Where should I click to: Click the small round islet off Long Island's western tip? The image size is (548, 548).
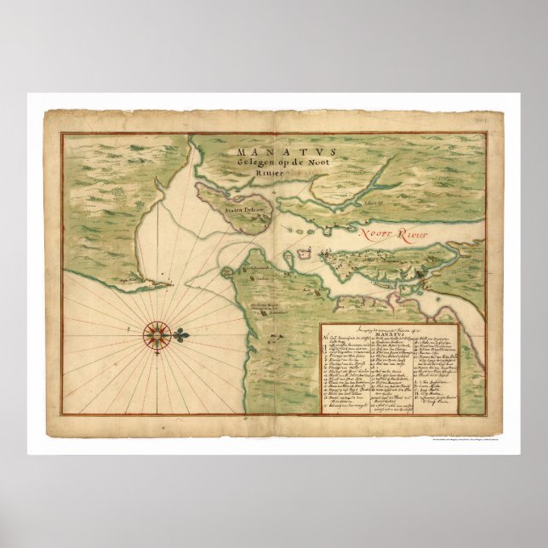(225, 273)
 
